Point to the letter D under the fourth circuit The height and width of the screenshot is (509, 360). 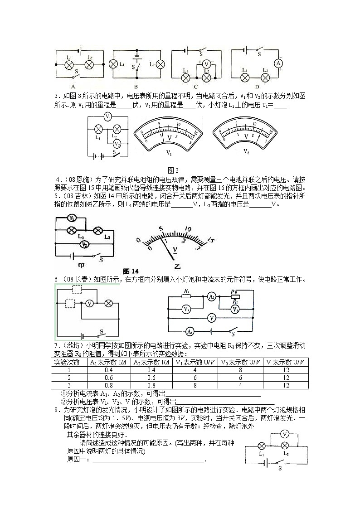point(257,87)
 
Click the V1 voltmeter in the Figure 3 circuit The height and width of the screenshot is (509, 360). point(108,116)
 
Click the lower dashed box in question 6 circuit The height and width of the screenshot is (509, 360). point(70,303)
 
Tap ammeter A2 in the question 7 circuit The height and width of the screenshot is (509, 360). point(211,296)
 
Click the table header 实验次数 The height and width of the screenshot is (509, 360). point(67,362)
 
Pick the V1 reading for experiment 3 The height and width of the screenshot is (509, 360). point(195,385)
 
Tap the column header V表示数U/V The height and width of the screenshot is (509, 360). point(285,362)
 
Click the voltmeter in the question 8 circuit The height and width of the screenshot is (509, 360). point(285,434)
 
